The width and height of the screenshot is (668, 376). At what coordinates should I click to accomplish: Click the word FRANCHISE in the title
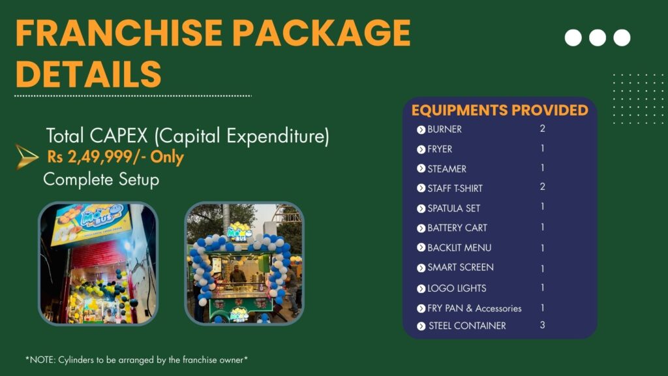click(119, 33)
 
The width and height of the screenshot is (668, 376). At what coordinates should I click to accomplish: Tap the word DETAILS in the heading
click(89, 74)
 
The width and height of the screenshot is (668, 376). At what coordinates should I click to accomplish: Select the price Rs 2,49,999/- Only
click(115, 157)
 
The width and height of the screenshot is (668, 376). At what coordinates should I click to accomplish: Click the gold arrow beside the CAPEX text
click(26, 157)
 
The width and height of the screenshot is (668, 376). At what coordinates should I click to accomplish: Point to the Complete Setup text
click(101, 180)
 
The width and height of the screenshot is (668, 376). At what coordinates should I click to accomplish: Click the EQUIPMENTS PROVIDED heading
click(500, 110)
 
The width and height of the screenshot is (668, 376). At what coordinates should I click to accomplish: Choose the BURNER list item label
click(444, 129)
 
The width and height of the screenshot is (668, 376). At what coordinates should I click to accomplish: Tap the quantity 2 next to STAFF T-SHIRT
click(542, 187)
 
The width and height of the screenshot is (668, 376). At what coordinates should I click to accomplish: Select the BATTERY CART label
click(457, 228)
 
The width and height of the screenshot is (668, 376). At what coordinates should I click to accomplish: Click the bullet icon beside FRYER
click(421, 149)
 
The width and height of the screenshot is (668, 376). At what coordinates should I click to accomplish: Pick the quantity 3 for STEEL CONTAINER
click(542, 325)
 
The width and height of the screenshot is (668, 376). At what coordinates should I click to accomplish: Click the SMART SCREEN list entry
click(461, 267)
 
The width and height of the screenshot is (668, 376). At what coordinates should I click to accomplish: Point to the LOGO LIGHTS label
click(457, 289)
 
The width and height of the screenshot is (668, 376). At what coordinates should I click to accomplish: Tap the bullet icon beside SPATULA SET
click(421, 208)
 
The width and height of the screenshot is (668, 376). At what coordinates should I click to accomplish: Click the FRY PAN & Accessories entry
click(475, 308)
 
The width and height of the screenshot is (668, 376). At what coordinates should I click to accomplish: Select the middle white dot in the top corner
click(598, 38)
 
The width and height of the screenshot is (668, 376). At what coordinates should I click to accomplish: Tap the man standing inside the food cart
click(237, 275)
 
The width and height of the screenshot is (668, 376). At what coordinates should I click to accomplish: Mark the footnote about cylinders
click(136, 360)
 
